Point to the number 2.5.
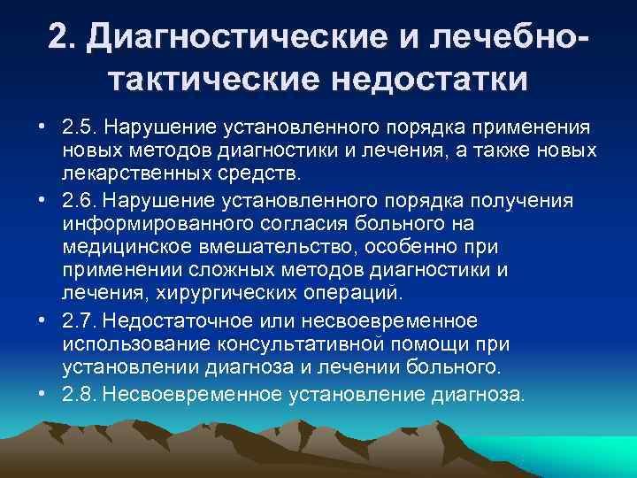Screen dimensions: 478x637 [x=79, y=128]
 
